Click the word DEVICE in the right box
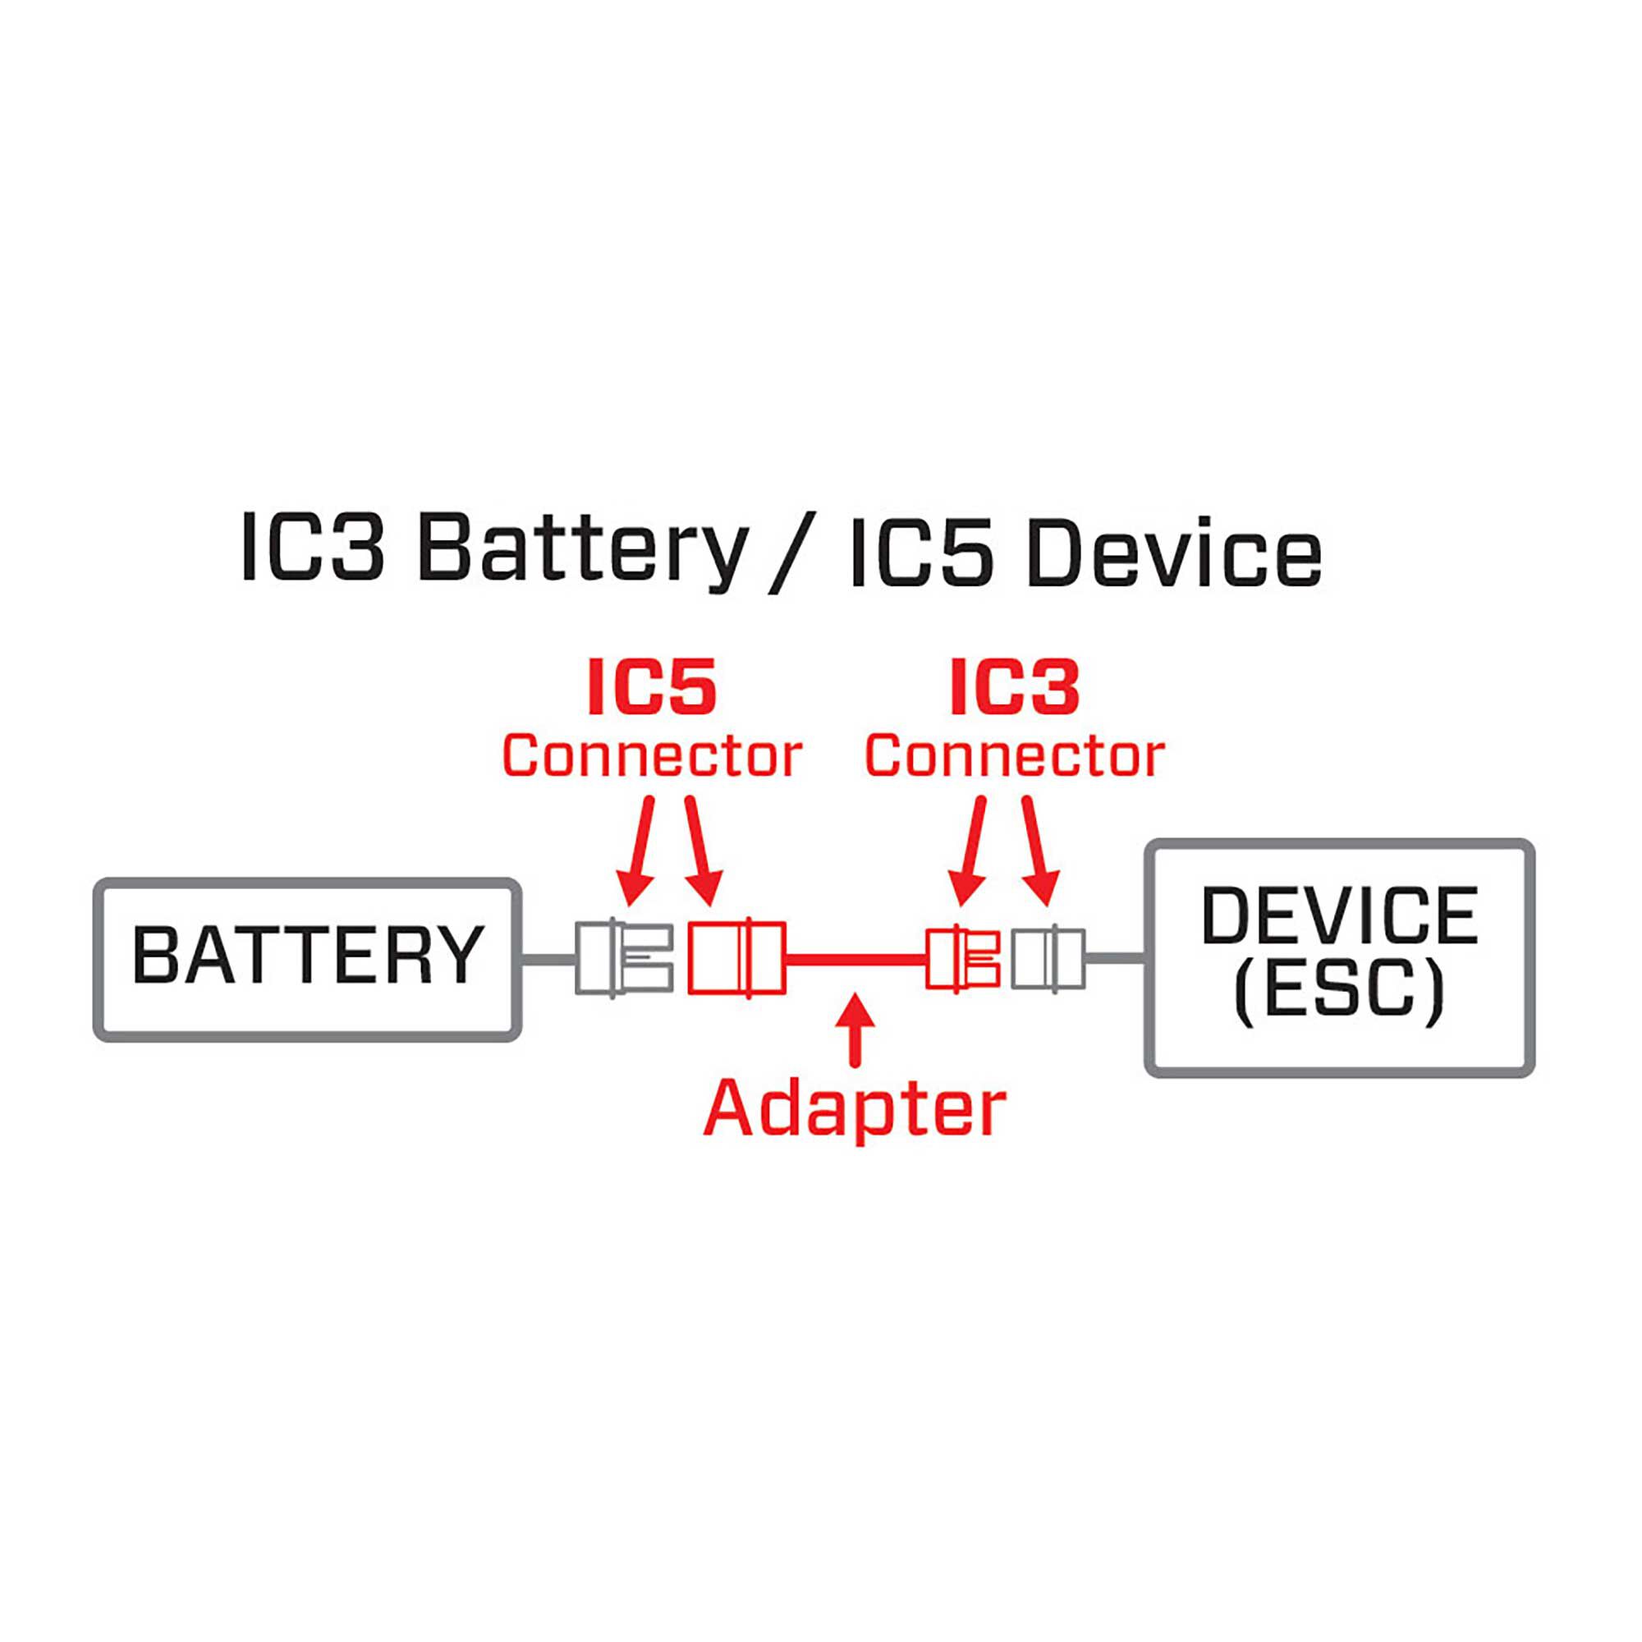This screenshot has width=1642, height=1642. [x=1341, y=915]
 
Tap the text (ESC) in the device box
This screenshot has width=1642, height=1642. [x=1341, y=991]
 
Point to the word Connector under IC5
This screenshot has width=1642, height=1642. [x=652, y=755]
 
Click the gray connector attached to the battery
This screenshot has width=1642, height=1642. [x=623, y=957]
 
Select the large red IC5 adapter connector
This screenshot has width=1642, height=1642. [x=735, y=957]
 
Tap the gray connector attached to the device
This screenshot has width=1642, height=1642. [x=1048, y=958]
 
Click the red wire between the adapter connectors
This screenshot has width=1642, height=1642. [x=854, y=959]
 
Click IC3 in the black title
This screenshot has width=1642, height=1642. [x=313, y=549]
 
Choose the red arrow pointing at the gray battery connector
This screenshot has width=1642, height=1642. [x=639, y=850]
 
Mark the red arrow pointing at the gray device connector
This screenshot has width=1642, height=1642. [x=1039, y=850]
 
